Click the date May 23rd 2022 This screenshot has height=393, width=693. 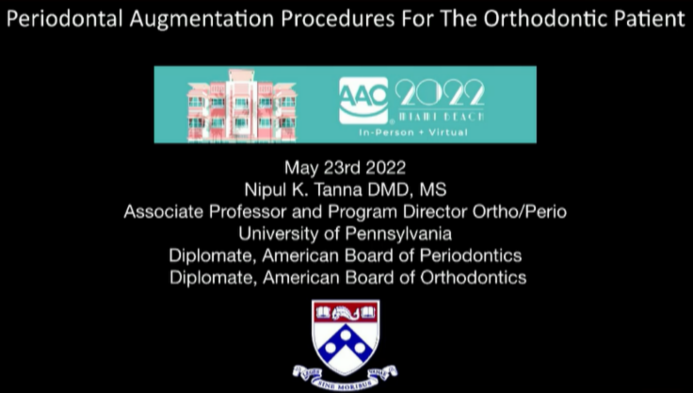pos(346,170)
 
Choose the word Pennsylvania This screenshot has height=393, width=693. pos(393,233)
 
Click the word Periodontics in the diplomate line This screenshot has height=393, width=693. pos(468,255)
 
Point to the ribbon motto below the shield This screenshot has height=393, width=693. pos(346,374)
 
